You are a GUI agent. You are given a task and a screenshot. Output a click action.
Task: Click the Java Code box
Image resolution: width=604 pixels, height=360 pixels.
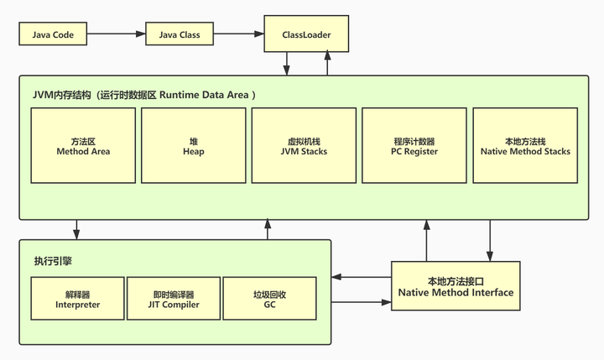[52, 35]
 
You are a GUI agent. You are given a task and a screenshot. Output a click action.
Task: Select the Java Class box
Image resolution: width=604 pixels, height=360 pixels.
[177, 35]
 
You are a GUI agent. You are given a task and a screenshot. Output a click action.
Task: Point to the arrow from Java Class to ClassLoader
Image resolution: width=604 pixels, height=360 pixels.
[238, 35]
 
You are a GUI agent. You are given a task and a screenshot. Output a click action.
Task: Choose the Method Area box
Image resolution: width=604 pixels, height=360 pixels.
[83, 146]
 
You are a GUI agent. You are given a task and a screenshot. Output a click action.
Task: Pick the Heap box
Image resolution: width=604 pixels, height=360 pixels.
[192, 146]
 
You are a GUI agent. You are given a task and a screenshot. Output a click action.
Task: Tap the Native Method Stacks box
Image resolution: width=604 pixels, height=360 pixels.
[526, 146]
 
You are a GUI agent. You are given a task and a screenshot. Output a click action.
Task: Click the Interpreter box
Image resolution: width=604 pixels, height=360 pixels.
[77, 300]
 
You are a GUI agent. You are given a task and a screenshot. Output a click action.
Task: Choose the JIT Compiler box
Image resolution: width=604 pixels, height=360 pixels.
[172, 300]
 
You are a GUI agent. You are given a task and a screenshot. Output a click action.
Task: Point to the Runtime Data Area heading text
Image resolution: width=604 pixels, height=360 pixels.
[143, 95]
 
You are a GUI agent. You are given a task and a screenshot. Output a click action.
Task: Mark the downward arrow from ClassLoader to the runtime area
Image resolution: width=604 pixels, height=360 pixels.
[287, 64]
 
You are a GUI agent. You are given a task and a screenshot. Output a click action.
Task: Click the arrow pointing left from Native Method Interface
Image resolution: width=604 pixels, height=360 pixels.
[362, 277]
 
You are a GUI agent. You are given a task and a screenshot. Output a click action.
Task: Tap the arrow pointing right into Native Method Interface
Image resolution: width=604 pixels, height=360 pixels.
[362, 301]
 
